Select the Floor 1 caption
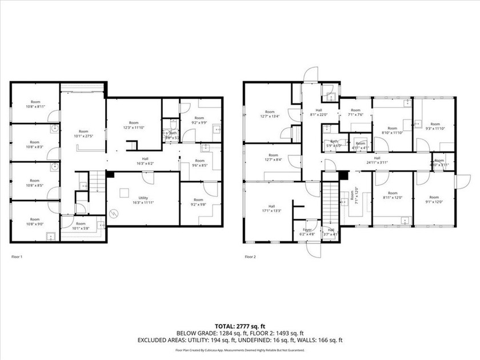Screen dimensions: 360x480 tap(18, 257)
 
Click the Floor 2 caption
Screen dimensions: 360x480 tap(250, 257)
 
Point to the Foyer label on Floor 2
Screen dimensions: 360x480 tap(307, 231)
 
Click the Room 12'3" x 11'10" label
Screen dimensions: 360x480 tap(133, 125)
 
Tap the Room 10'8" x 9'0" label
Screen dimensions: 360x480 tap(35, 222)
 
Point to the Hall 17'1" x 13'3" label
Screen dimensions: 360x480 tap(271, 210)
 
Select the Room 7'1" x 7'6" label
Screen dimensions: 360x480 tap(355, 112)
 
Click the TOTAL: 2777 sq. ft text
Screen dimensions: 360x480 tap(240, 325)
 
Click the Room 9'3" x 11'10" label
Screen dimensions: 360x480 tap(435, 126)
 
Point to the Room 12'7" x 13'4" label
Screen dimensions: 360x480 tap(270, 114)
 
